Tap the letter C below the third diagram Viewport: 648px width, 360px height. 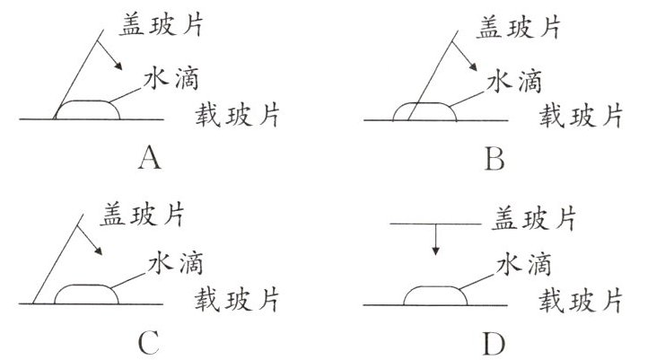click(150, 341)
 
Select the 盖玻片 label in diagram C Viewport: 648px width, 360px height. click(131, 215)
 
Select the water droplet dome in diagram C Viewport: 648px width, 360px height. click(85, 294)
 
